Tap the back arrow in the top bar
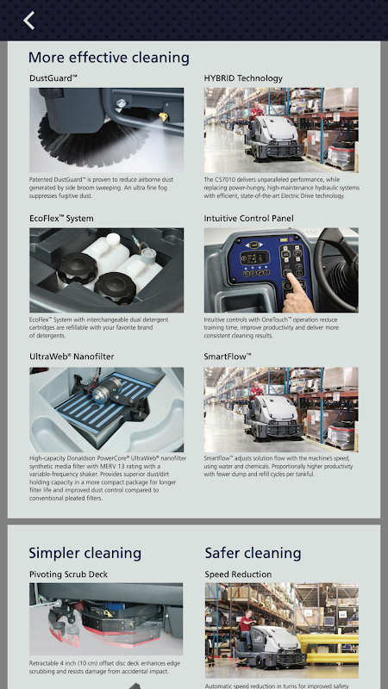click(29, 21)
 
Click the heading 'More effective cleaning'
click(110, 58)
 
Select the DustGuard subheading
click(53, 78)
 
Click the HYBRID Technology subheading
click(243, 78)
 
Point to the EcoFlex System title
click(61, 219)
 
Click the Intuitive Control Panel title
click(248, 219)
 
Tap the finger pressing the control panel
click(297, 292)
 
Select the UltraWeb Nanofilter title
click(72, 357)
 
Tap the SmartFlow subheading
click(228, 357)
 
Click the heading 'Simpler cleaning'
click(84, 553)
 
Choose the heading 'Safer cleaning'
click(253, 553)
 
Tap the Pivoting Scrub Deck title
click(69, 574)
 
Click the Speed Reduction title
click(238, 574)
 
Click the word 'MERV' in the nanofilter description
click(99, 466)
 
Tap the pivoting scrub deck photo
click(106, 619)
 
